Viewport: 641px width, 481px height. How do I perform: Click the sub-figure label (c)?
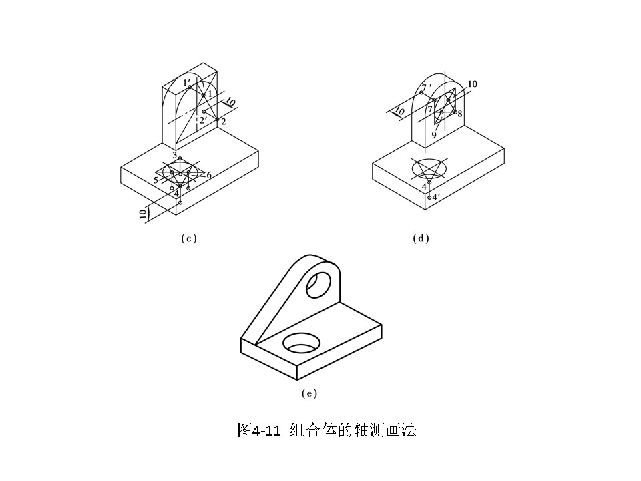coord(188,238)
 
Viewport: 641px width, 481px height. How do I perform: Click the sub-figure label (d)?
coord(421,238)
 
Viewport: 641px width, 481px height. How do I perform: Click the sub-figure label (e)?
coord(308,393)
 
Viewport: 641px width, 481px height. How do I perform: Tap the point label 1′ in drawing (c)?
coord(187,82)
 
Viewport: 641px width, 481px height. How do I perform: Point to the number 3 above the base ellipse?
coord(174,155)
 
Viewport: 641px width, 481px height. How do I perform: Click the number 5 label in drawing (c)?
coord(156,180)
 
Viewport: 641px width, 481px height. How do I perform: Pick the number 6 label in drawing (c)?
coord(209,175)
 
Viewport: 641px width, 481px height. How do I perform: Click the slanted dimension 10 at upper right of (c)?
coord(230,102)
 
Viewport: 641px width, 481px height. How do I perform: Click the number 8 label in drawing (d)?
coord(460,113)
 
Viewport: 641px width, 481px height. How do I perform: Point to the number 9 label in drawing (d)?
coord(433,135)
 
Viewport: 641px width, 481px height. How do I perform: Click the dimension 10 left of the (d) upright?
coord(400,111)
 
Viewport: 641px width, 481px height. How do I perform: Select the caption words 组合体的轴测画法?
coord(353,430)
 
